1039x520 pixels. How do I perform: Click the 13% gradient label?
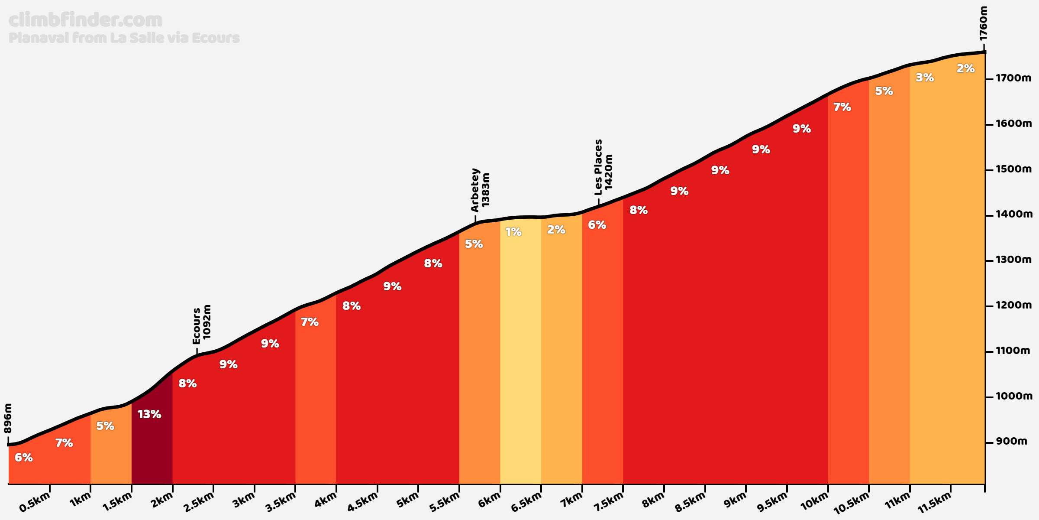149,414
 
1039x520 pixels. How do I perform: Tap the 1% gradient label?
513,232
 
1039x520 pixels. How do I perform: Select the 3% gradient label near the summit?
925,78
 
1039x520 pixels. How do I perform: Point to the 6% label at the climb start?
23,458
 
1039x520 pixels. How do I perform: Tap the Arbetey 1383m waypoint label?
480,190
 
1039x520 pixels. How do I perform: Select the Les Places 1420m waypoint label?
603,167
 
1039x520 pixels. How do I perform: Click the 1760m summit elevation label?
984,23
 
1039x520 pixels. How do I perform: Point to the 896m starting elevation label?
8,418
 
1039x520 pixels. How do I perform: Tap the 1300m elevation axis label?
1013,260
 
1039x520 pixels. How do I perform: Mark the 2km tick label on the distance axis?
162,501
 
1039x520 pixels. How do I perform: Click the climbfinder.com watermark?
85,20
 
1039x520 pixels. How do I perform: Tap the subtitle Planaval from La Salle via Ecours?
124,38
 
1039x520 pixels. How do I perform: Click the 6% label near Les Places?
597,224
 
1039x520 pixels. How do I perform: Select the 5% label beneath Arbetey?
474,244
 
